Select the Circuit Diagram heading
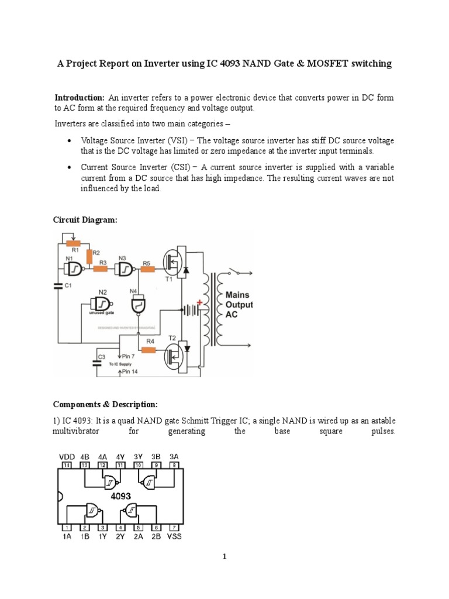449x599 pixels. tap(85, 219)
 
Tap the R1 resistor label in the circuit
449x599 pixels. tap(75, 249)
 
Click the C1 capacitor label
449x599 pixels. tap(68, 285)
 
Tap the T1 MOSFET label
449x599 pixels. tap(168, 280)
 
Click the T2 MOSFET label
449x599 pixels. tap(172, 339)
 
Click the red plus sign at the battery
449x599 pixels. tap(199, 302)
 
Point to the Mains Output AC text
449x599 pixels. tap(239, 305)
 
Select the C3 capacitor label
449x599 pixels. tap(101, 356)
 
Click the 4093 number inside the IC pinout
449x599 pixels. tap(121, 495)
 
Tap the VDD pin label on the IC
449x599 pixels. tap(65, 457)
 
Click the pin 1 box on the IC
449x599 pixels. tap(67, 527)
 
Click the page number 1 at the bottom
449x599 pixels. tap(224, 557)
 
